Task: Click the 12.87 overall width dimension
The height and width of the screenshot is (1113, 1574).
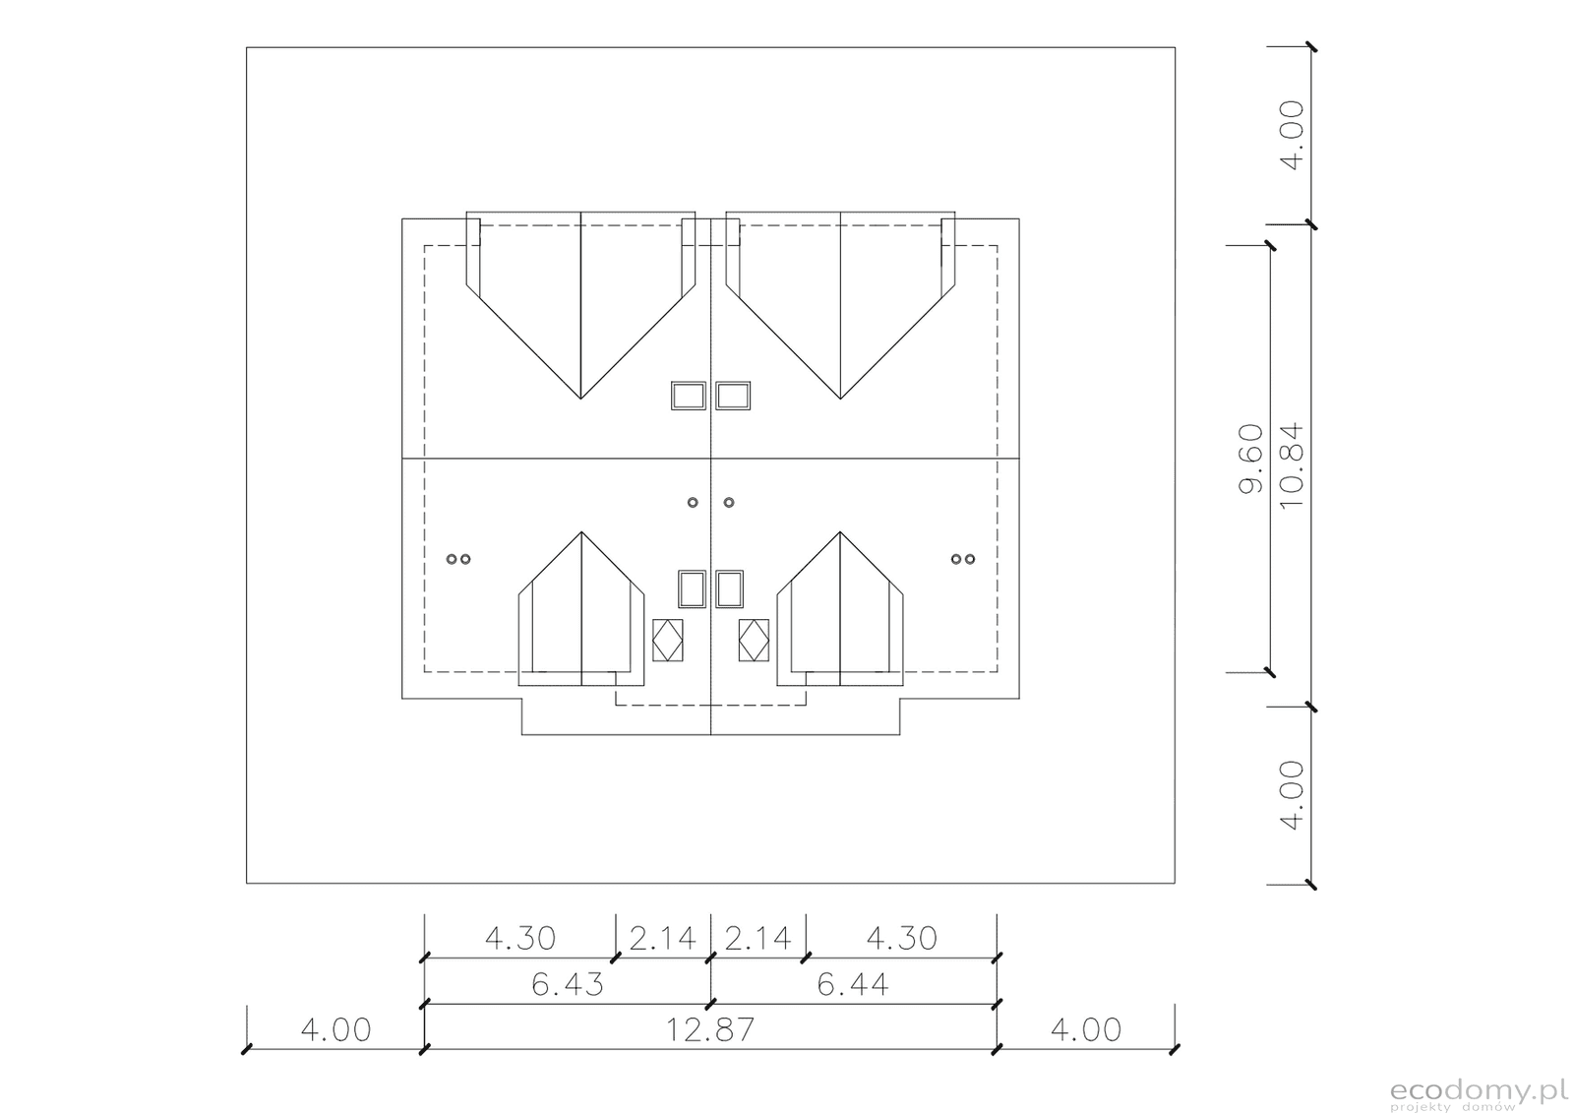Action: pos(709,1030)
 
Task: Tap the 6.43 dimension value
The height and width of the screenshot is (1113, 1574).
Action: pos(567,984)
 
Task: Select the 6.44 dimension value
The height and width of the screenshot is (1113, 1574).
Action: pos(852,984)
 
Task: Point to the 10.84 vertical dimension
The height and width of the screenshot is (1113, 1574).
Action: pos(1293,466)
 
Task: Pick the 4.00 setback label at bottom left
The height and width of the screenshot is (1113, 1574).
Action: pos(335,1030)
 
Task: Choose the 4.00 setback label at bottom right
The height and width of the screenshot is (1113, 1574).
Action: pos(1086,1030)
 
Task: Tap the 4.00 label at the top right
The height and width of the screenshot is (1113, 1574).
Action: pos(1293,135)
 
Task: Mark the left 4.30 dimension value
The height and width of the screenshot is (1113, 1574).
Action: pos(520,938)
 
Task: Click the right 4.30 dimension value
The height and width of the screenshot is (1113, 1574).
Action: pos(901,938)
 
